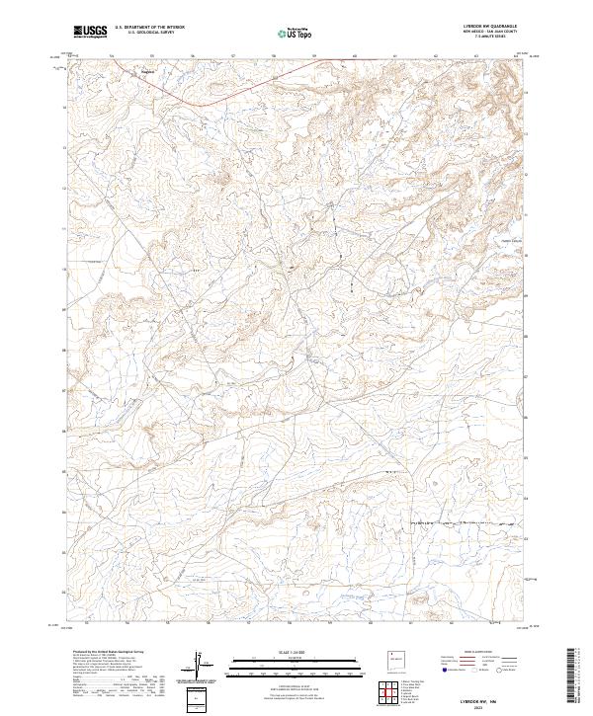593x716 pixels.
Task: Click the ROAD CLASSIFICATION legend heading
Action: tap(479, 653)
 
